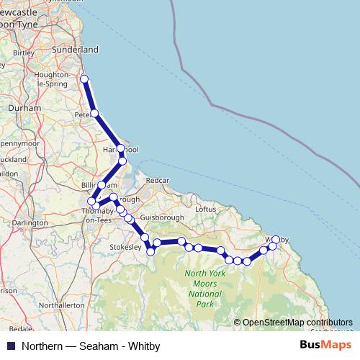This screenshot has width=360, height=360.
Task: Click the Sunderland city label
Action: coord(78,50)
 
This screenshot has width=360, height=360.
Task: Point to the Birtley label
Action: coord(24,53)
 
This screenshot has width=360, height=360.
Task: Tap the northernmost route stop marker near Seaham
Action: coord(84,79)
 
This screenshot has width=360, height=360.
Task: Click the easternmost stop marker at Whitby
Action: coord(276,239)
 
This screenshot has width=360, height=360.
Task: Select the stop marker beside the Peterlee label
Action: coord(94,113)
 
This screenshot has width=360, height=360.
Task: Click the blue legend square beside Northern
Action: coord(9,345)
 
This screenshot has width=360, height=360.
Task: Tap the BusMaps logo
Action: coord(326,345)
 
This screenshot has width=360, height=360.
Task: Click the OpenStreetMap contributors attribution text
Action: coord(297,323)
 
